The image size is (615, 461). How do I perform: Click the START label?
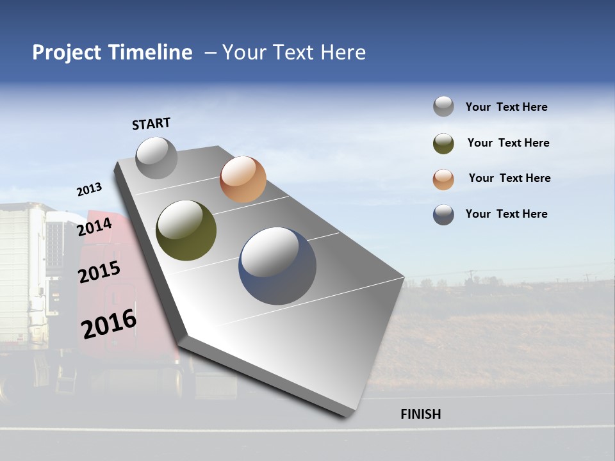(151, 124)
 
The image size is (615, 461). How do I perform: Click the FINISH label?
(420, 414)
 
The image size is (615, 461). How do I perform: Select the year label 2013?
(89, 190)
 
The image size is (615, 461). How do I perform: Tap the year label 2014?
(95, 227)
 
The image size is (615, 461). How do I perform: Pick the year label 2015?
(99, 272)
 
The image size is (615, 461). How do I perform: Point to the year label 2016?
(109, 324)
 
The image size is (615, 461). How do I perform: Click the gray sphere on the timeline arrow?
(156, 158)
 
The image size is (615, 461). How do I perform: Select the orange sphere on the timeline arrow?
(243, 179)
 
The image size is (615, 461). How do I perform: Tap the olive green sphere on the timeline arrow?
(186, 230)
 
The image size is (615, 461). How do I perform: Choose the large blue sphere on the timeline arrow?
(277, 266)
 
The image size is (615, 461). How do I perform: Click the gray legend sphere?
(443, 106)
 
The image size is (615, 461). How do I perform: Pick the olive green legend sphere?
(443, 143)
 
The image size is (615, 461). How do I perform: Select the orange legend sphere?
(443, 179)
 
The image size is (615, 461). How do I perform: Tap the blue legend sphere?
(443, 214)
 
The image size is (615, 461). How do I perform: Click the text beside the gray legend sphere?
(506, 107)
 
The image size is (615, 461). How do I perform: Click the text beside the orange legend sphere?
(509, 178)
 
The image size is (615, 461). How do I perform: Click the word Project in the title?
(67, 53)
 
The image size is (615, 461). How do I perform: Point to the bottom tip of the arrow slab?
(346, 415)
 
